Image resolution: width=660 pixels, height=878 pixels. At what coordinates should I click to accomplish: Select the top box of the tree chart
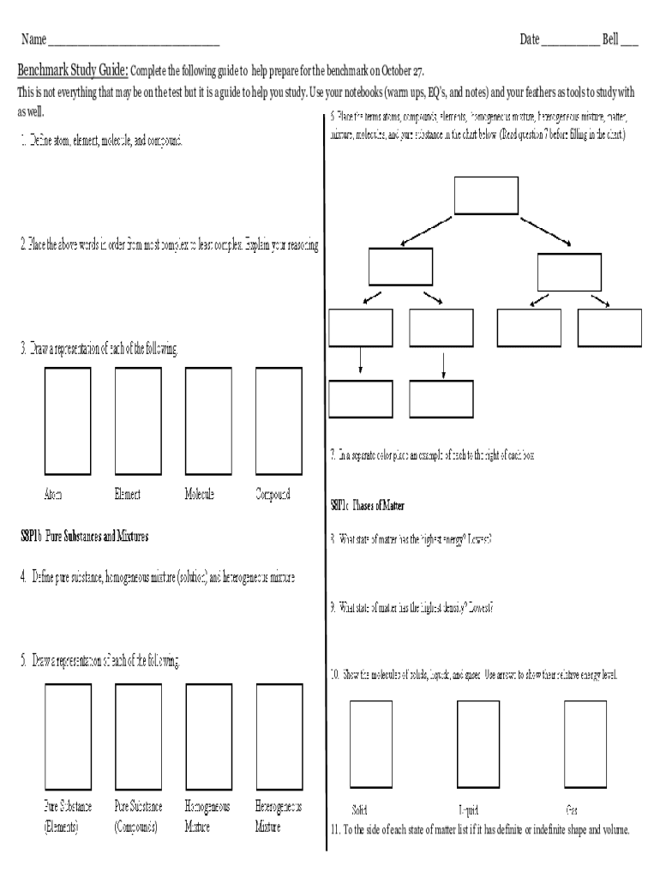486,195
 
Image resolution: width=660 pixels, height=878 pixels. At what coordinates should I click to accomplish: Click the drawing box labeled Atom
68,421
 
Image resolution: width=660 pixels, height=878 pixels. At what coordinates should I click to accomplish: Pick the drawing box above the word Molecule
208,421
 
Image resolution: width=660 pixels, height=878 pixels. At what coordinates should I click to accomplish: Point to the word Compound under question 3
273,495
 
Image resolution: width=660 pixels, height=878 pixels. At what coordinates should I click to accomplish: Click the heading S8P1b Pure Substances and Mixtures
85,537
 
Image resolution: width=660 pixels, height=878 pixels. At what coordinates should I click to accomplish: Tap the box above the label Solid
371,744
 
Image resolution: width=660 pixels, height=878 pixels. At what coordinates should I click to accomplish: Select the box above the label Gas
585,744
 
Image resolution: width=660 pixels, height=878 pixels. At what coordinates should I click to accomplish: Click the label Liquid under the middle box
468,809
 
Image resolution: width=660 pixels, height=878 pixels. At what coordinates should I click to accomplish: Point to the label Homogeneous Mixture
207,817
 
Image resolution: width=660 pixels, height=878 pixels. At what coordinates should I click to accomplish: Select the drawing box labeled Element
138,421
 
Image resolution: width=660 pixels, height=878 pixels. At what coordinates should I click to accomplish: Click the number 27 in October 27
417,70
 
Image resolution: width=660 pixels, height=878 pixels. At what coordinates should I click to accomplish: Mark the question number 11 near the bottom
335,830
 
